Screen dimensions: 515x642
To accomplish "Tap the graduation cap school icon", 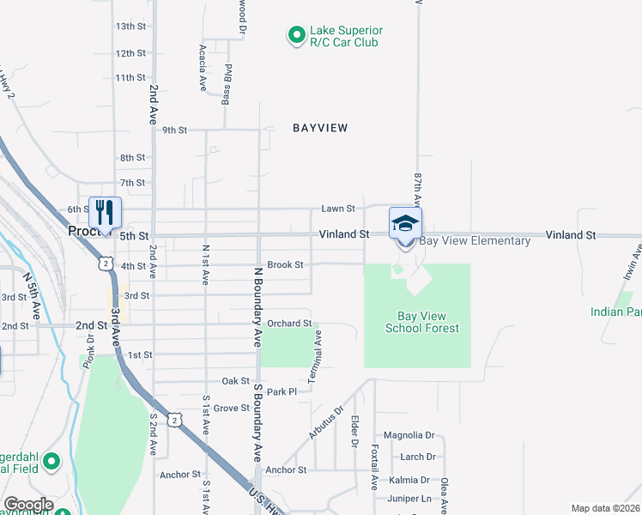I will point(405,223).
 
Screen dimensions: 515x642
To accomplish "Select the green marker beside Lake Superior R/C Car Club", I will point(296,35).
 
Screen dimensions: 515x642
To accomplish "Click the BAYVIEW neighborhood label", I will point(320,128).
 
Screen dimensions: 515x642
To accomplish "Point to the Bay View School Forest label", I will point(421,322).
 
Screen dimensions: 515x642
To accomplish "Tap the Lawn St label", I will point(338,209).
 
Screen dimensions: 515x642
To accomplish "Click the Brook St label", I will point(286,265).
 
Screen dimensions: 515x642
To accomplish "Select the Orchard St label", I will point(288,324).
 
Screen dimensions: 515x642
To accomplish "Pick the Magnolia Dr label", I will point(409,435).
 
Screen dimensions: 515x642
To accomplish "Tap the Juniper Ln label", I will point(409,498).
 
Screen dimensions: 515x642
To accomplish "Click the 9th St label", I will point(174,130).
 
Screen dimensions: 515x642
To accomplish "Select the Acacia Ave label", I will point(203,69).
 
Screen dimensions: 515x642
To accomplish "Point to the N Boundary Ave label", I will point(257,306).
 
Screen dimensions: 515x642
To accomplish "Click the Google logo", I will point(27,505).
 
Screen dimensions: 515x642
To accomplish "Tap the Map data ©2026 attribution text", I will point(604,508).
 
